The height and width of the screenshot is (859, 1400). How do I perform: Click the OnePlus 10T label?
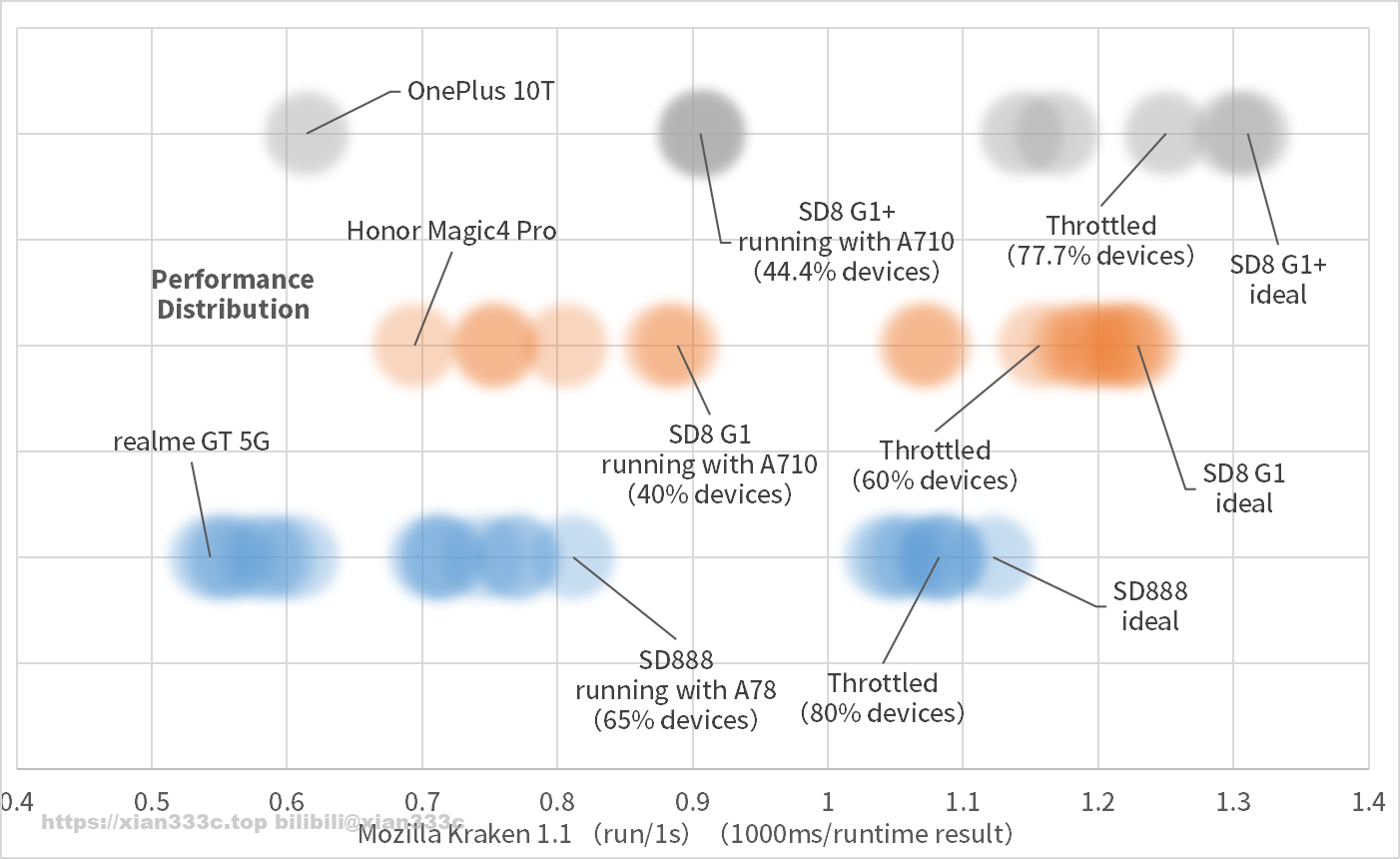(480, 92)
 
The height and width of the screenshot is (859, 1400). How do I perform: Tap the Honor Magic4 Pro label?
(451, 231)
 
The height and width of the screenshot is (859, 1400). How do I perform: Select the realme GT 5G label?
(191, 441)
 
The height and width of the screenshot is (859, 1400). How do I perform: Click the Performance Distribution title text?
(233, 294)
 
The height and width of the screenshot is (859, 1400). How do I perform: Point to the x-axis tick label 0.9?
(692, 801)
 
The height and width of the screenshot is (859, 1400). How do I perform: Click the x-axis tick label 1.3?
(1233, 801)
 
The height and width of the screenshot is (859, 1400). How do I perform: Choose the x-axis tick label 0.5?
(151, 801)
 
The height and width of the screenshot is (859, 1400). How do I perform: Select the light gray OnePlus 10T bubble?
(307, 133)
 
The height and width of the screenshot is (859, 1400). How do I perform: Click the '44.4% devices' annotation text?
(847, 271)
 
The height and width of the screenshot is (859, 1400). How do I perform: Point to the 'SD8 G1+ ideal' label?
(1278, 280)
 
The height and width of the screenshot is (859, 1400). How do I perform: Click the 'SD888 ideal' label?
(1150, 606)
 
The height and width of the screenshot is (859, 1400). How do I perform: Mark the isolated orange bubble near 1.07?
(925, 346)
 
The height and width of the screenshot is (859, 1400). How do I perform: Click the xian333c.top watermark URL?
(154, 823)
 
